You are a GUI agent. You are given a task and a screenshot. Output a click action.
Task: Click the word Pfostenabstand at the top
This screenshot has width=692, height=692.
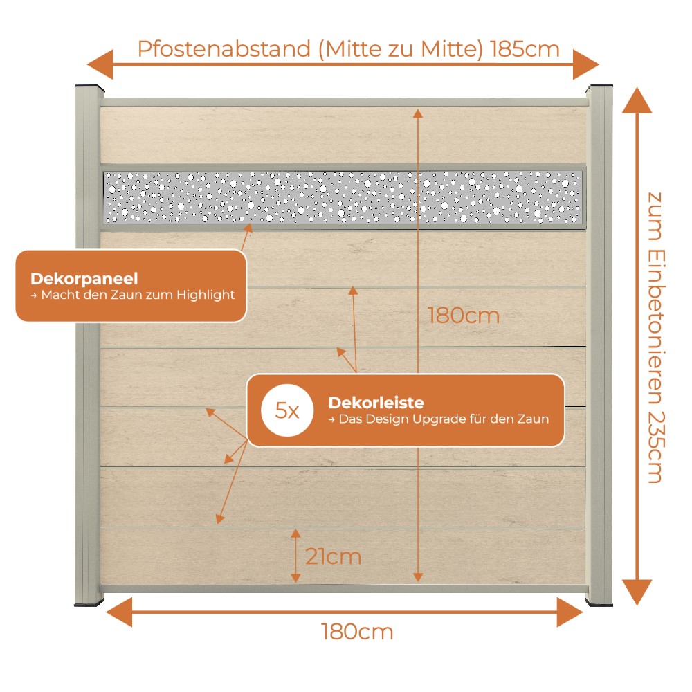(x=224, y=49)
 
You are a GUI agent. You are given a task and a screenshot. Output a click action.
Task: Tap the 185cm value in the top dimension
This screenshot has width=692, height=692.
(x=525, y=48)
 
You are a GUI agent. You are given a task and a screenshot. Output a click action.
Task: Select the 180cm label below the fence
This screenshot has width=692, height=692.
(x=356, y=632)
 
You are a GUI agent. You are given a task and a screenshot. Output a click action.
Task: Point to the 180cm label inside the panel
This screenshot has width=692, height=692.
(x=464, y=316)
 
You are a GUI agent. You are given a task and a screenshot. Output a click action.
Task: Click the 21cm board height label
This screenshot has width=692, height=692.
(x=334, y=556)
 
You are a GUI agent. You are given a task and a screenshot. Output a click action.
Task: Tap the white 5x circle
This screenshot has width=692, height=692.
(x=287, y=410)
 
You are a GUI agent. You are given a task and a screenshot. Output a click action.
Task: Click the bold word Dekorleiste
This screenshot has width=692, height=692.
(x=376, y=403)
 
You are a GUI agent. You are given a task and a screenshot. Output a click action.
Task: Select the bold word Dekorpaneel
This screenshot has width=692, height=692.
(x=84, y=279)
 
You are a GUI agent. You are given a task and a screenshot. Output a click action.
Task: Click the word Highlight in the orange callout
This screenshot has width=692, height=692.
(x=206, y=295)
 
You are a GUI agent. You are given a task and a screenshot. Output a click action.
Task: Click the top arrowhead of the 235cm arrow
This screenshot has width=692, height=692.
(x=637, y=100)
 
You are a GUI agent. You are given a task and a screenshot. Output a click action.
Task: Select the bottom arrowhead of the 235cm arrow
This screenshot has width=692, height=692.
(x=637, y=592)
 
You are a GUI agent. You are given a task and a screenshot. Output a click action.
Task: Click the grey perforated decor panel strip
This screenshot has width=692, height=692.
(x=343, y=197)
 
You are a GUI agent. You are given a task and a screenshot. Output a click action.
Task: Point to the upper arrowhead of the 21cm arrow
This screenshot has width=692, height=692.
(x=295, y=534)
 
